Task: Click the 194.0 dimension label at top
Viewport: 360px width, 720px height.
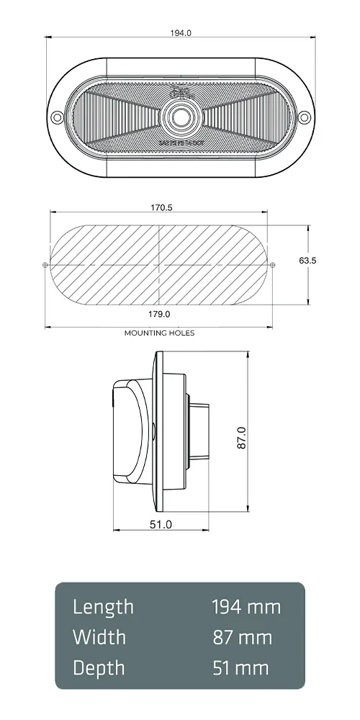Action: click(181, 32)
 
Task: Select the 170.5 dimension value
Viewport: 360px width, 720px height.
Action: click(161, 207)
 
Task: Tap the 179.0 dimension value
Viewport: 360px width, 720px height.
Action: click(158, 314)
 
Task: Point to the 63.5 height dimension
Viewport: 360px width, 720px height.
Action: click(307, 261)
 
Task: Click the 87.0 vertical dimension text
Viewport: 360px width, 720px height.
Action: click(242, 438)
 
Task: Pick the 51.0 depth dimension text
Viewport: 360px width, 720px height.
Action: click(161, 524)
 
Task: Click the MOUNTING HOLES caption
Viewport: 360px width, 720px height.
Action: click(159, 333)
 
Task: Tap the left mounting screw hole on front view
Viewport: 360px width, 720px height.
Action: click(59, 116)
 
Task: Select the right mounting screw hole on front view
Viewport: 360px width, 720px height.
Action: click(304, 116)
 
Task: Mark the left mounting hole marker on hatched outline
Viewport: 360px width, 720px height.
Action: click(45, 266)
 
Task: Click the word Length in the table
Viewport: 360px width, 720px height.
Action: click(103, 607)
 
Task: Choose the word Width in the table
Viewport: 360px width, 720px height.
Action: click(99, 637)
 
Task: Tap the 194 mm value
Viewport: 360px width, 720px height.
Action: click(246, 607)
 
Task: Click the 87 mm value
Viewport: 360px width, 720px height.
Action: click(243, 637)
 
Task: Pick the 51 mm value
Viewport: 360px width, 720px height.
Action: click(240, 667)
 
